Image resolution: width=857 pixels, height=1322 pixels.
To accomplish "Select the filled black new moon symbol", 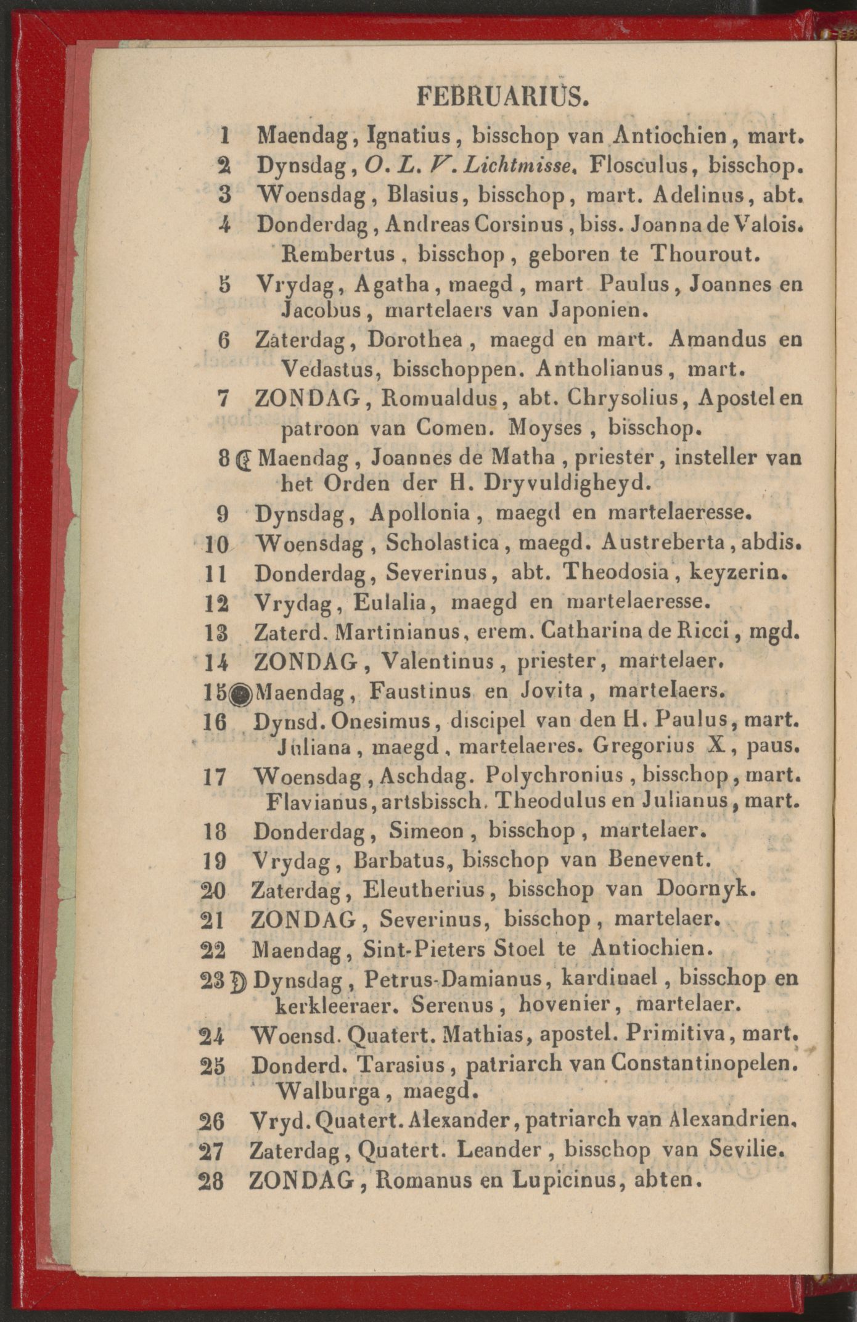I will (x=242, y=695).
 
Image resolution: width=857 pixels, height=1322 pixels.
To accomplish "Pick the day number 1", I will (x=225, y=135).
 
